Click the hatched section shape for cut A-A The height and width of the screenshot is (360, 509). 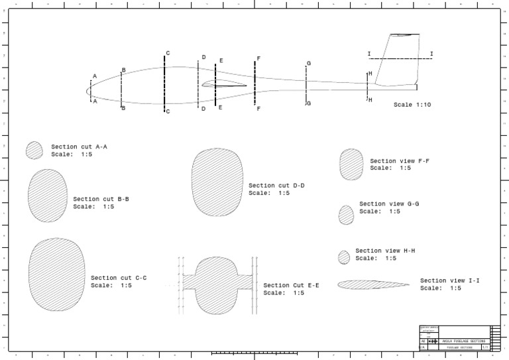34,150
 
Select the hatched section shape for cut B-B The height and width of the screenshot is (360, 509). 48,195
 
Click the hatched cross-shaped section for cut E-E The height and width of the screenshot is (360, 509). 217,284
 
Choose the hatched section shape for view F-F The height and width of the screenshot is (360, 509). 351,164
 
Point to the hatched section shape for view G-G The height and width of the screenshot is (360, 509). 346,215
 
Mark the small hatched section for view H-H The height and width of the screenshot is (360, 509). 344,257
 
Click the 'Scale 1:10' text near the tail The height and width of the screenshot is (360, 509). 412,105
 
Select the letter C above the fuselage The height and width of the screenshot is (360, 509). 168,53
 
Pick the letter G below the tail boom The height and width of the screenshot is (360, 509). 309,103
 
